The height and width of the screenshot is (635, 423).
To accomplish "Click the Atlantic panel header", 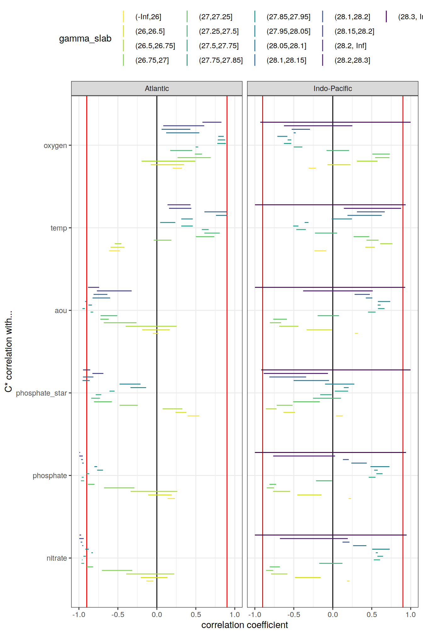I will pyautogui.click(x=157, y=89).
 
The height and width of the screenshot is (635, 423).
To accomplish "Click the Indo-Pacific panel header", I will pyautogui.click(x=332, y=89).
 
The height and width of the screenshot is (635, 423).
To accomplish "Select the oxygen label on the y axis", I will pyautogui.click(x=55, y=146).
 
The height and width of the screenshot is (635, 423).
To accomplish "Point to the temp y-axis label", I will pyautogui.click(x=59, y=228).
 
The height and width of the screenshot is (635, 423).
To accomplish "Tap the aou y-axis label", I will pyautogui.click(x=61, y=311).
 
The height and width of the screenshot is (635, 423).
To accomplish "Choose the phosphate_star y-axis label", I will pyautogui.click(x=41, y=393).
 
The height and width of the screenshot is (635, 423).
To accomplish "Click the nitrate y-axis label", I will pyautogui.click(x=57, y=558).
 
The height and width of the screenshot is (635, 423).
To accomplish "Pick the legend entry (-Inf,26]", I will pyautogui.click(x=148, y=17).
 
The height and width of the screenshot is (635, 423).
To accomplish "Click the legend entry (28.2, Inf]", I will pyautogui.click(x=350, y=46).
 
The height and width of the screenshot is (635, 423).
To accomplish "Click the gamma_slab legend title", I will pyautogui.click(x=85, y=38).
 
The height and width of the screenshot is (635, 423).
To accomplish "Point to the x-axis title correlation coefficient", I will pyautogui.click(x=245, y=625).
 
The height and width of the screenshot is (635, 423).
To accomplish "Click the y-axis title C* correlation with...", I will pyautogui.click(x=8, y=351).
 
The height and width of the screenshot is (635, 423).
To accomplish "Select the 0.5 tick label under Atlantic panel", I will pyautogui.click(x=196, y=615).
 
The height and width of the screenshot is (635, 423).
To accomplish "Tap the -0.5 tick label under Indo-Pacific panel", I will pyautogui.click(x=294, y=615).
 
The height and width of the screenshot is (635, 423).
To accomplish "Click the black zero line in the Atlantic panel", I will pyautogui.click(x=157, y=504).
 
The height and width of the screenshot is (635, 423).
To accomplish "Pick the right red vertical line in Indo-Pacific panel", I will pyautogui.click(x=403, y=504).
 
